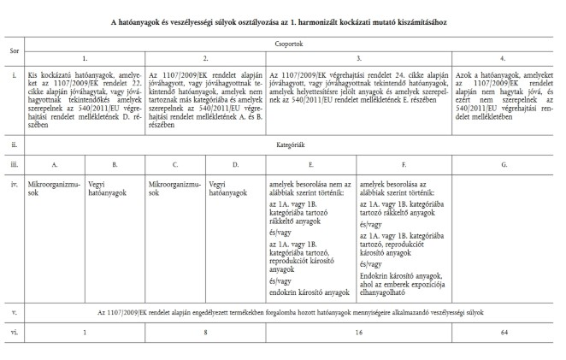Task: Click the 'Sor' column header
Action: [15, 50]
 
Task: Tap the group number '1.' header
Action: [85, 57]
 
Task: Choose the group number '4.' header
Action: [503, 57]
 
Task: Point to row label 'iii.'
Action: [15, 163]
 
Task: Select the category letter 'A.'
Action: [55, 163]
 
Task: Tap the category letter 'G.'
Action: [503, 163]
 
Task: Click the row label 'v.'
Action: [15, 309]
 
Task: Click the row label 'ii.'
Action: [15, 146]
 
